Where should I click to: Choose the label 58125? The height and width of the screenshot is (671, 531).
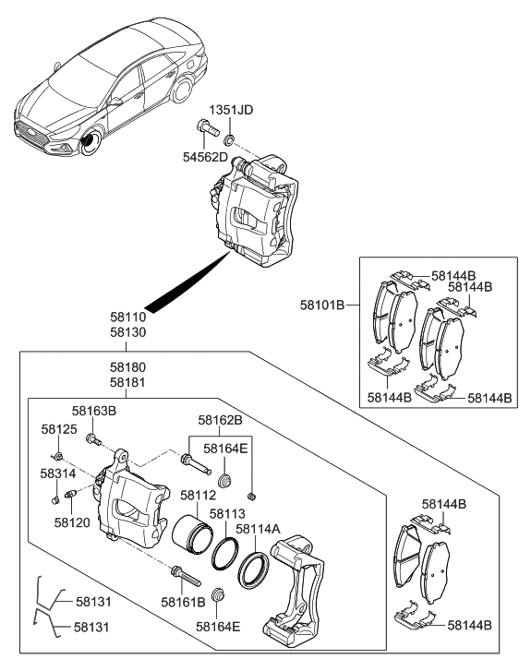pyautogui.click(x=58, y=429)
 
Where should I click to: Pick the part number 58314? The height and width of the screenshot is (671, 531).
pyautogui.click(x=58, y=473)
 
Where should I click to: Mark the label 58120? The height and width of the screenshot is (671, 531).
pyautogui.click(x=72, y=521)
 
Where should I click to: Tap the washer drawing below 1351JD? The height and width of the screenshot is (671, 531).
pyautogui.click(x=229, y=139)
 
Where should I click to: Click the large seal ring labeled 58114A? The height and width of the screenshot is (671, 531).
pyautogui.click(x=254, y=570)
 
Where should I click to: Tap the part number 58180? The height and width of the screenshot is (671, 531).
pyautogui.click(x=129, y=365)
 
